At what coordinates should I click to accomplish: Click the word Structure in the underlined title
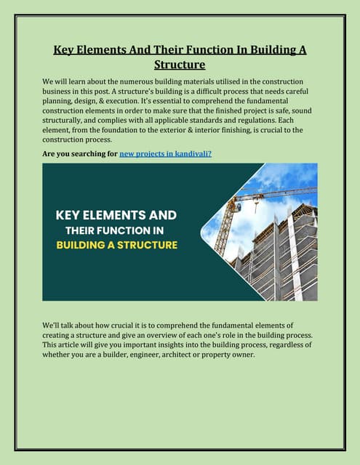(x=180, y=65)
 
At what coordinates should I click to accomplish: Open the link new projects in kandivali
(x=165, y=154)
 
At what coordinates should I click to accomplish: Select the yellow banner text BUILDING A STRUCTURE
(x=116, y=245)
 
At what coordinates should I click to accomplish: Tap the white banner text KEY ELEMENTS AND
(x=116, y=216)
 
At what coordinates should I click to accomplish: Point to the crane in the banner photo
(x=240, y=207)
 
